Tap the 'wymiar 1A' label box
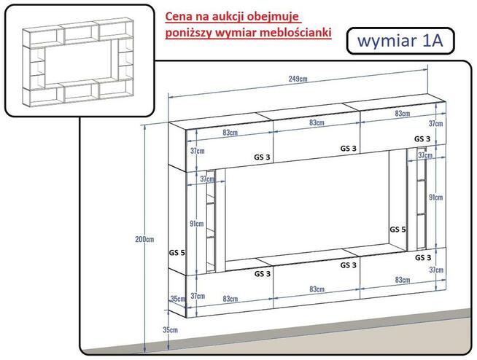400,41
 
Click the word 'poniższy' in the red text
189,34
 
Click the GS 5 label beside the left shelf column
177,253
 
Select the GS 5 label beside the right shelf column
398,230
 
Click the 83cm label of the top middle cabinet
317,122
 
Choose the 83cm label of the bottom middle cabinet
317,290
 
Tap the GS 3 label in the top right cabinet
422,138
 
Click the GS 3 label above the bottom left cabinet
263,274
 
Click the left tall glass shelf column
210,215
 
